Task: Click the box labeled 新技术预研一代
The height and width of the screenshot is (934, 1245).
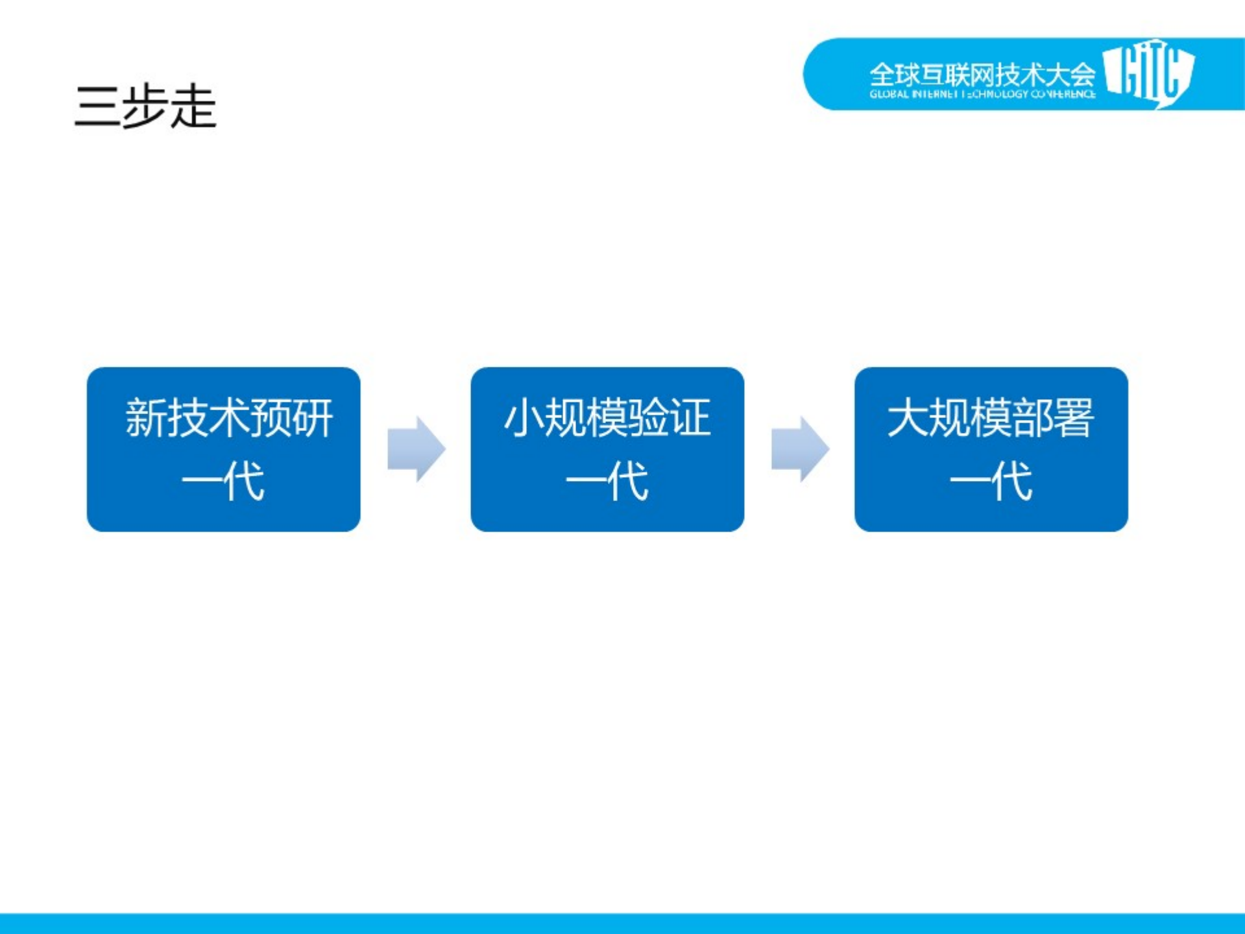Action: click(223, 449)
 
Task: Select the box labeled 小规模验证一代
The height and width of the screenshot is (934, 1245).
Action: click(607, 449)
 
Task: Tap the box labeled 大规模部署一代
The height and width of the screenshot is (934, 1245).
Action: click(991, 449)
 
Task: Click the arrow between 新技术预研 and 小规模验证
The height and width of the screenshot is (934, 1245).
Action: click(416, 449)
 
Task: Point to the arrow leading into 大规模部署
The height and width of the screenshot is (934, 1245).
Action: click(799, 449)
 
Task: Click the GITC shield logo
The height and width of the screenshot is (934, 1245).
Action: click(1148, 73)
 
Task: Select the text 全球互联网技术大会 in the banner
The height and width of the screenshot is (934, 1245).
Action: click(982, 74)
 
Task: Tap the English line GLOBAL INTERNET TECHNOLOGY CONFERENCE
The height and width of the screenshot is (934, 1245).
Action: click(982, 95)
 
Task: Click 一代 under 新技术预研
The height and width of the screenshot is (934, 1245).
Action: click(223, 481)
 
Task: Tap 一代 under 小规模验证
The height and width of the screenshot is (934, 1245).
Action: click(607, 481)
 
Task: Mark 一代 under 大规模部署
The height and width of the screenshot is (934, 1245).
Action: click(991, 481)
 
